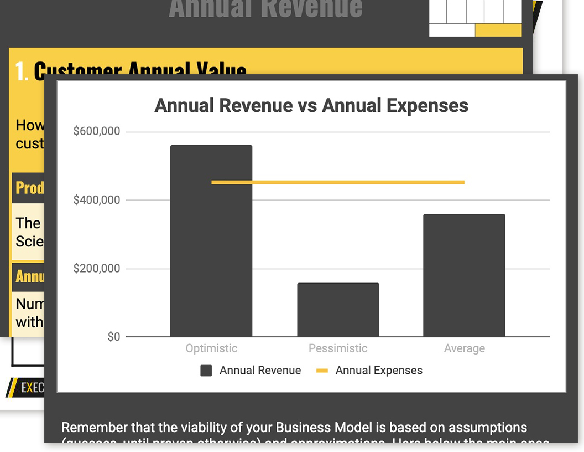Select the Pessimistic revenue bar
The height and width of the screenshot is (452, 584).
pyautogui.click(x=338, y=310)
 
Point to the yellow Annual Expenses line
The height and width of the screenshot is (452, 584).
pyautogui.click(x=338, y=182)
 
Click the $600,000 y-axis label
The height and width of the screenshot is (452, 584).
pyautogui.click(x=96, y=131)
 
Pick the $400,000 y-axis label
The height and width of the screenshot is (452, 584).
pyautogui.click(x=96, y=199)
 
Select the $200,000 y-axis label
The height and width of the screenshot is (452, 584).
pyautogui.click(x=96, y=269)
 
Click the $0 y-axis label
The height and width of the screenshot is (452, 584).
pyautogui.click(x=113, y=337)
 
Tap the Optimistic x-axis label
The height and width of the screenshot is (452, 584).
pyautogui.click(x=211, y=348)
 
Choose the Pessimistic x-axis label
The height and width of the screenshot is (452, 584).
pyautogui.click(x=338, y=348)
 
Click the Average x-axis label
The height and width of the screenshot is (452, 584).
pyautogui.click(x=465, y=348)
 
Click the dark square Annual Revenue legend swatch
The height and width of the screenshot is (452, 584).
pyautogui.click(x=206, y=371)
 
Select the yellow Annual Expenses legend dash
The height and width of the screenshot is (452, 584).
pyautogui.click(x=322, y=371)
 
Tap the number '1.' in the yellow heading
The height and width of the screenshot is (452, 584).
pyautogui.click(x=22, y=71)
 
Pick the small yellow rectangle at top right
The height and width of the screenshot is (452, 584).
pyautogui.click(x=498, y=30)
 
